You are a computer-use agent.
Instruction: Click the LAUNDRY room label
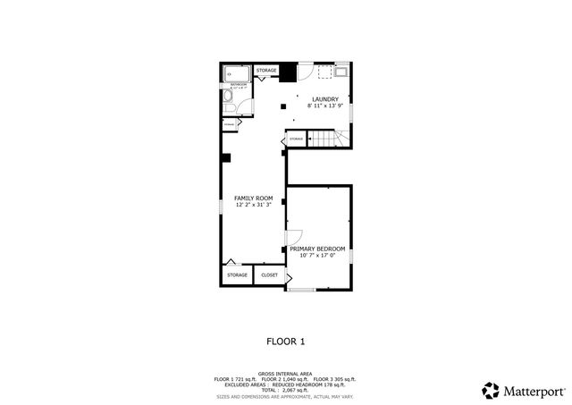click(324, 99)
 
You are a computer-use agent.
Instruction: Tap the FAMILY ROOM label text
click(253, 198)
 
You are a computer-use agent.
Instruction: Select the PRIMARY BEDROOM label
click(317, 249)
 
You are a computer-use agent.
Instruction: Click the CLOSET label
click(269, 275)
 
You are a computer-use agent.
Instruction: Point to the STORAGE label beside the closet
click(237, 275)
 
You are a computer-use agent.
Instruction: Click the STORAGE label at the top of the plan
click(266, 70)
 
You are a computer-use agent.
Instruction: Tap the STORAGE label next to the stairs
click(296, 139)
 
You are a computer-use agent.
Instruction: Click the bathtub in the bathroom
click(238, 74)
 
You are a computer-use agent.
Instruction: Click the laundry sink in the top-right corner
click(342, 72)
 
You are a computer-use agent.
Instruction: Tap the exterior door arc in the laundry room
click(304, 75)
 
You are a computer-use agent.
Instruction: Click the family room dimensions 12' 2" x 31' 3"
click(253, 206)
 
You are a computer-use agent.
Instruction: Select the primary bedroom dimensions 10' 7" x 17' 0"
click(317, 257)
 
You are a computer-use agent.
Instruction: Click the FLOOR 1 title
click(286, 342)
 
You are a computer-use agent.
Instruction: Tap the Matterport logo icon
click(491, 391)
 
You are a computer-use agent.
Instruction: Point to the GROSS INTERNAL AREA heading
click(285, 373)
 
